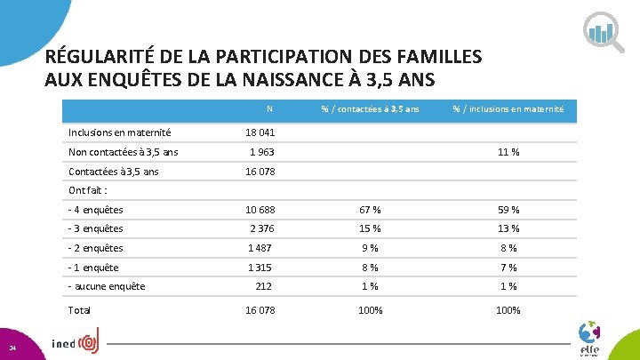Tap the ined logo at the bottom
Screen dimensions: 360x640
[x=76, y=343]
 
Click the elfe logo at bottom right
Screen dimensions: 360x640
[x=588, y=339]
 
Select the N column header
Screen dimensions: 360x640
[x=268, y=109]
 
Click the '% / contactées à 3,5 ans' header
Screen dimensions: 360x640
[x=370, y=109]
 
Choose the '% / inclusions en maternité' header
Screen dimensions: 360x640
[x=508, y=109]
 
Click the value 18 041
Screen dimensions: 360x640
[x=260, y=132]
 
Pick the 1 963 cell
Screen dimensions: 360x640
[x=261, y=152]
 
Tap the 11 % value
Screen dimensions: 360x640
[x=508, y=152]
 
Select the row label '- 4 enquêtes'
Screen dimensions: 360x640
[x=95, y=210]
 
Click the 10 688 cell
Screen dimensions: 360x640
[x=260, y=210]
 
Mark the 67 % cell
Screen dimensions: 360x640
[x=370, y=210]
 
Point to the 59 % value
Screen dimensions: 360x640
[x=508, y=210]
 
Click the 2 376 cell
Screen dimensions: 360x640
[x=261, y=229]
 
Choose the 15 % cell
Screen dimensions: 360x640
[x=370, y=229]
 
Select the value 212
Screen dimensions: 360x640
[x=263, y=286]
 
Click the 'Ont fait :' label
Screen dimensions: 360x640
[x=87, y=190]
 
